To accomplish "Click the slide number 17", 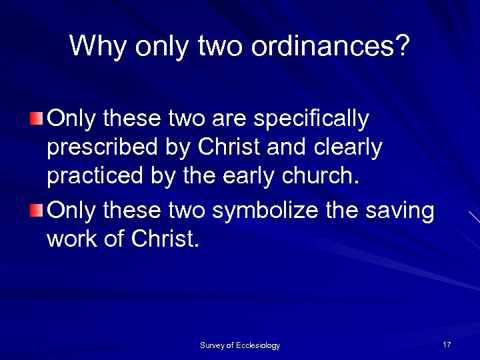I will [x=447, y=344].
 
